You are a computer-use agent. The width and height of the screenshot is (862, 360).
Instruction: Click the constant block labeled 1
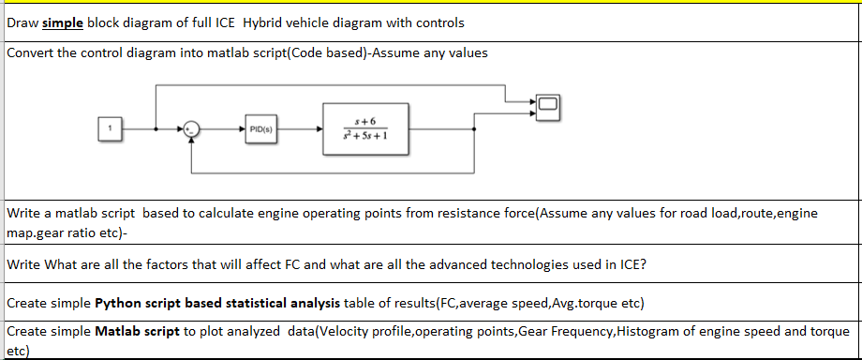(x=110, y=127)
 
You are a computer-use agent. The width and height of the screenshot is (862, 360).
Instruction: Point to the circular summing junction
(x=191, y=127)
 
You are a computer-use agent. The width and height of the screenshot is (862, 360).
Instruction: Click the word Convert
(x=31, y=52)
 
